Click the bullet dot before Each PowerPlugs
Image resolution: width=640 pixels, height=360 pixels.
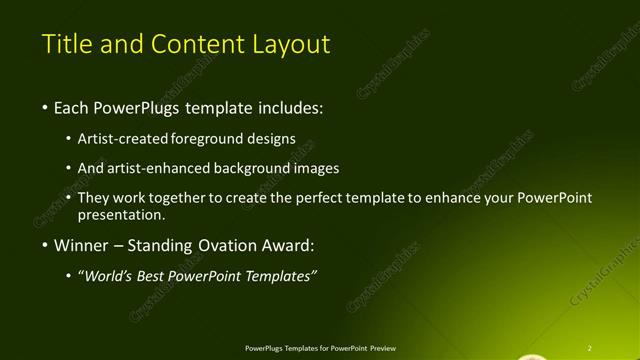click(45, 107)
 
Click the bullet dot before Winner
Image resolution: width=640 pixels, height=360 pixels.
click(45, 245)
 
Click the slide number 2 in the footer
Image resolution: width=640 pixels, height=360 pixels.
click(590, 347)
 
